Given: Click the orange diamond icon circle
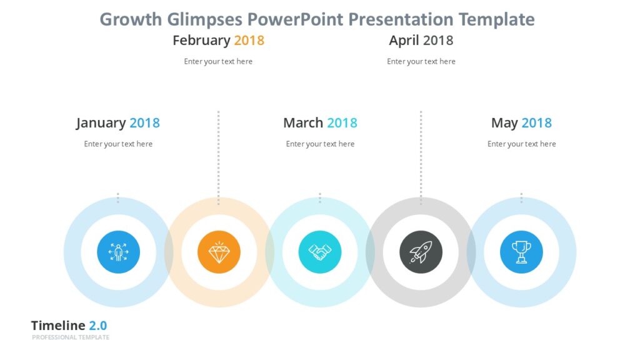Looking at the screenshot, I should click(x=219, y=252).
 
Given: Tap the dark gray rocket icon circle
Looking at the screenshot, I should click(x=421, y=252).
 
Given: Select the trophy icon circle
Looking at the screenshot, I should click(x=521, y=252).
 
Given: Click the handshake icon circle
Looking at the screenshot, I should click(x=320, y=252).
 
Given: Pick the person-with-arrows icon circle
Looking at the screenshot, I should click(x=118, y=252).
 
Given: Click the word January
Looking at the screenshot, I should click(x=101, y=123).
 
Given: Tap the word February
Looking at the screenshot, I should click(x=201, y=41).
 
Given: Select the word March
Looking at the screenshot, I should click(x=303, y=122).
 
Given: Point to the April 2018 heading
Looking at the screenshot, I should click(x=421, y=41).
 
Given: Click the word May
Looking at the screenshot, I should click(x=504, y=123).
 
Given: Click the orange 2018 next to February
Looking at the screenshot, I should click(x=249, y=41).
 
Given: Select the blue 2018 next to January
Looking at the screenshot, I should click(x=144, y=123).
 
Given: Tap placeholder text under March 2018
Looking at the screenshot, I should click(x=320, y=144).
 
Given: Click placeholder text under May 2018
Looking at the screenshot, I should click(x=521, y=144).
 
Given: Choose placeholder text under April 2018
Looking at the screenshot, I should click(x=421, y=61).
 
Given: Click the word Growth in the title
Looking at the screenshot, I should click(x=131, y=19).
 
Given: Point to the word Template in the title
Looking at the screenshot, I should click(x=496, y=19).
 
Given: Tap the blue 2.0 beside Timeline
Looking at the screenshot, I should click(x=97, y=326).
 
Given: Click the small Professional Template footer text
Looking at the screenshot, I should click(x=71, y=337).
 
